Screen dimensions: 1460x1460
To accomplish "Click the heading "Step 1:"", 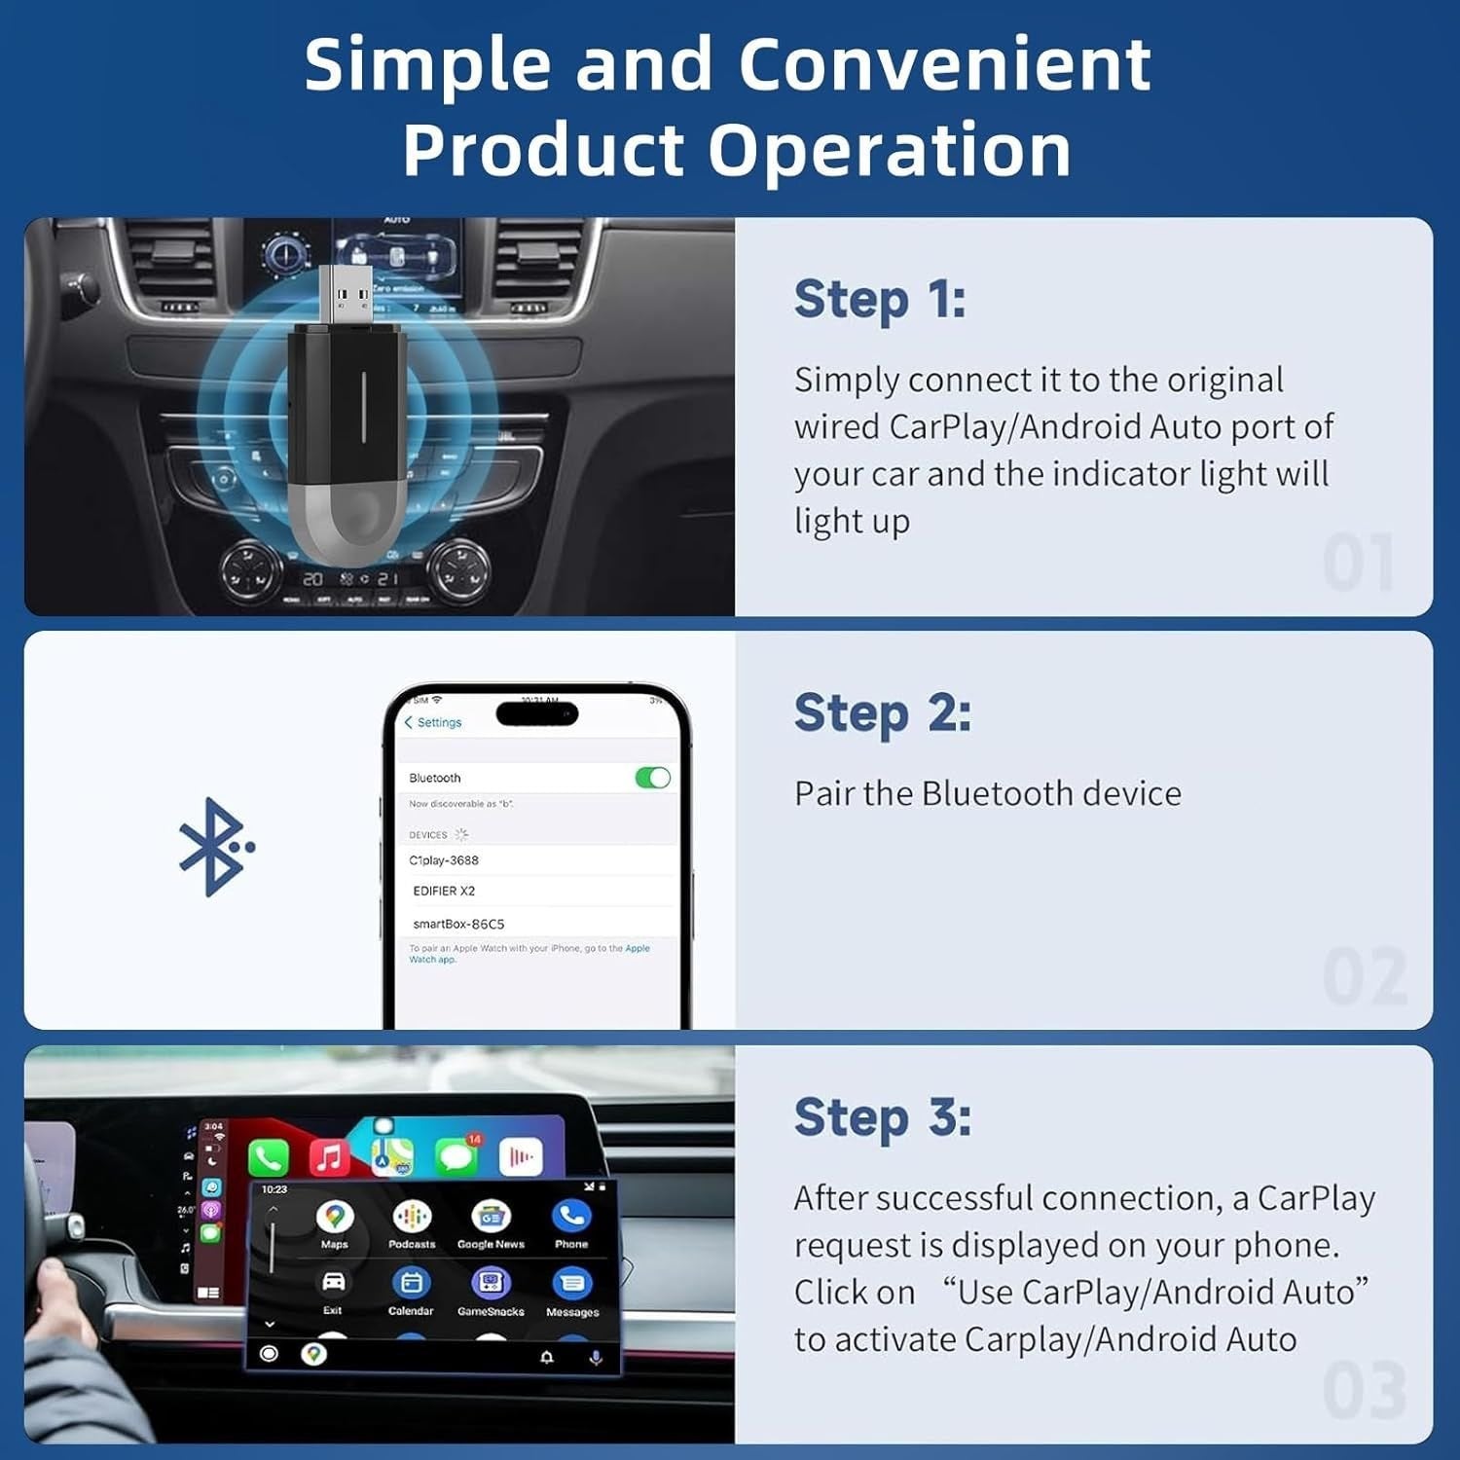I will pos(879,299).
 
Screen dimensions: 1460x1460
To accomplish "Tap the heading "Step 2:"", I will pos(882,712).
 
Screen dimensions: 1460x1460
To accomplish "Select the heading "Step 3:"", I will pos(882,1116).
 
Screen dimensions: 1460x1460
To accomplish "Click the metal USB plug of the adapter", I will pos(346,294).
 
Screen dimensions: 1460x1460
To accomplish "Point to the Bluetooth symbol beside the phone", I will pos(214,847).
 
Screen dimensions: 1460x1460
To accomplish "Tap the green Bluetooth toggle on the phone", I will pos(652,778).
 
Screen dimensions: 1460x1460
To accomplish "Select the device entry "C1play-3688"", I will pos(444,860).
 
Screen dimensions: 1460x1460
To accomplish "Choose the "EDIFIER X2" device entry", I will pos(444,891).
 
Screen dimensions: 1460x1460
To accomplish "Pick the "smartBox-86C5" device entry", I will pos(458,924).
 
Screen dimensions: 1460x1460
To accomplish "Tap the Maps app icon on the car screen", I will pos(335,1217).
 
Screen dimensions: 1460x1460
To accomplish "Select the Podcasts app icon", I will pos(412,1217).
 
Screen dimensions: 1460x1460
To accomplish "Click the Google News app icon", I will pos(491,1217).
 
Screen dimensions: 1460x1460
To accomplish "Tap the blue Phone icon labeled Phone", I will pos(571,1216).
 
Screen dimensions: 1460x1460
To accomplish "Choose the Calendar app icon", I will pos(411,1283).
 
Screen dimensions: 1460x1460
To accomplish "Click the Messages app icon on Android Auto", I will pos(572,1284).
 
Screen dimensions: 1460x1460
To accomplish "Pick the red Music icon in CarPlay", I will pos(329,1157).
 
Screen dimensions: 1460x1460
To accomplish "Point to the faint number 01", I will pos(1359,564).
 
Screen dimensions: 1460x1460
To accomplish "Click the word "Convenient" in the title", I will pos(944,65).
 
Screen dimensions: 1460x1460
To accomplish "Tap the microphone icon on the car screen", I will pos(596,1357).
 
